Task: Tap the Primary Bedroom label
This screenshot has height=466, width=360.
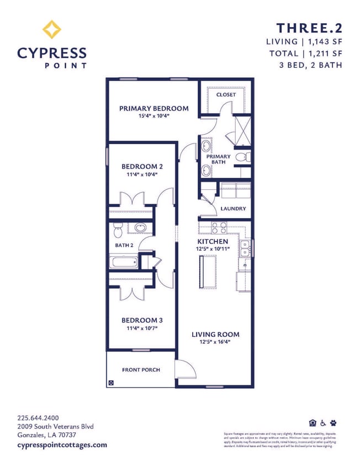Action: [153, 108]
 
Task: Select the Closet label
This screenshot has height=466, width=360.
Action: [226, 94]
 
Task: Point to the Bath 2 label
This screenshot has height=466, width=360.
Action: [124, 245]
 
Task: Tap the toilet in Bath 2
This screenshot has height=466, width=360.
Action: [117, 227]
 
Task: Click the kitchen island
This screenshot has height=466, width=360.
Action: [208, 272]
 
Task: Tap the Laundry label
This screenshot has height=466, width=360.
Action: [232, 209]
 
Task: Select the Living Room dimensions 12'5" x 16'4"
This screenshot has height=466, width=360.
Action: [215, 342]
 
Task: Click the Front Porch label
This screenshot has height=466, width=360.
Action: [141, 369]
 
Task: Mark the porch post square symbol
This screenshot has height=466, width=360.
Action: [111, 382]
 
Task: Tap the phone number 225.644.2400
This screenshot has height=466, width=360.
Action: [38, 418]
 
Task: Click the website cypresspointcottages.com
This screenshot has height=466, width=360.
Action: [62, 444]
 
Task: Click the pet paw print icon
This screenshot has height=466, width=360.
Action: [333, 423]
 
